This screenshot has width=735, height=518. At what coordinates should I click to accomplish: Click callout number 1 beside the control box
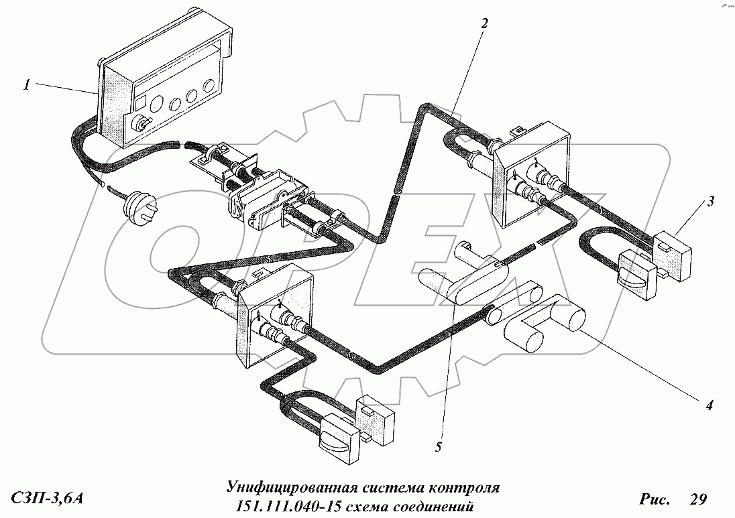click(27, 85)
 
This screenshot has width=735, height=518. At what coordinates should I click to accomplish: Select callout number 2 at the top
click(484, 23)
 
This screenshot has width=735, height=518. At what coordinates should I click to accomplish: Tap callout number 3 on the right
click(711, 202)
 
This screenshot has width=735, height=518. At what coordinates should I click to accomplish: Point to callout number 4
click(710, 405)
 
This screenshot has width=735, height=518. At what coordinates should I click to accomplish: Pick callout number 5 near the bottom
click(439, 447)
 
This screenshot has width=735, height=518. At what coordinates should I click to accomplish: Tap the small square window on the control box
click(139, 104)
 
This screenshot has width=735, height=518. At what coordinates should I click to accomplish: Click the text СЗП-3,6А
click(46, 499)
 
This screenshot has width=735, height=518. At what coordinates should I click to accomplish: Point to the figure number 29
click(697, 499)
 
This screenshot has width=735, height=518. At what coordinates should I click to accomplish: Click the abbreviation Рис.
click(655, 499)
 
